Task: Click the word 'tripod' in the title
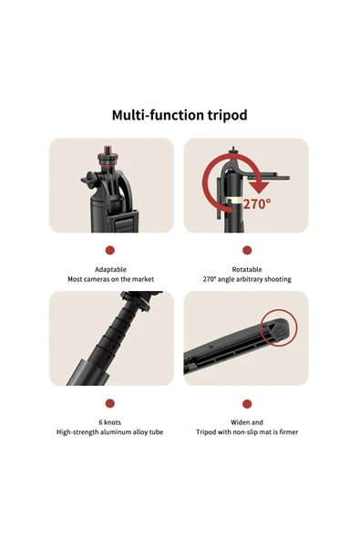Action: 228,115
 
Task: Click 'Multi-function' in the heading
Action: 158,115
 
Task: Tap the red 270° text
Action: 257,204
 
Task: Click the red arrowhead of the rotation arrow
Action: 259,187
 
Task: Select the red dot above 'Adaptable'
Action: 109,250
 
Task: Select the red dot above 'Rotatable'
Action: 247,250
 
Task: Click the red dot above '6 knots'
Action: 109,403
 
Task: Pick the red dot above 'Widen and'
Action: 247,403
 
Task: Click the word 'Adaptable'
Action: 110,270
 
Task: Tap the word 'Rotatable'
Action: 247,269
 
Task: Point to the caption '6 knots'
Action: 109,422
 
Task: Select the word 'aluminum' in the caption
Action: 116,431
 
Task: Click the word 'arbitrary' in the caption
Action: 251,279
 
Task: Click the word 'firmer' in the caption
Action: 288,431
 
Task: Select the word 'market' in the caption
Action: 143,279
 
